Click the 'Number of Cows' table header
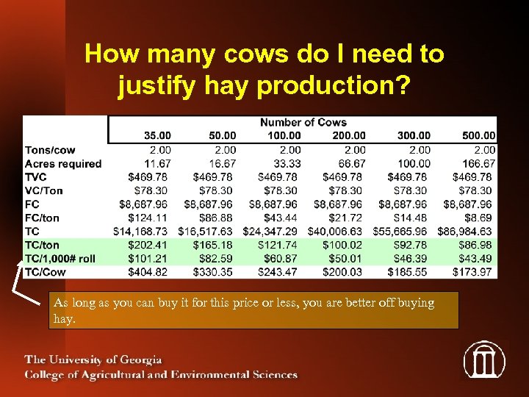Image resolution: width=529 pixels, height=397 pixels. point(303,122)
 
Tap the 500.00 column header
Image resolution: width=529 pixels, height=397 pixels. point(478,135)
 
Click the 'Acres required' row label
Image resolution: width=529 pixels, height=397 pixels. point(63,163)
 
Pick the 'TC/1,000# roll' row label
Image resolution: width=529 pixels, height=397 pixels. point(60,258)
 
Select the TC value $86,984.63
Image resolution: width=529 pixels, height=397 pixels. point(467,231)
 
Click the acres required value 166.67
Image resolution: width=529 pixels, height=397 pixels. point(478,163)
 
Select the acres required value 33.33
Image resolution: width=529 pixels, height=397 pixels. point(284,163)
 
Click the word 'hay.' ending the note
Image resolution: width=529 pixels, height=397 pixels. point(64,318)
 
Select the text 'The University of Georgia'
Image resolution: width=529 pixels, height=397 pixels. point(93,360)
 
